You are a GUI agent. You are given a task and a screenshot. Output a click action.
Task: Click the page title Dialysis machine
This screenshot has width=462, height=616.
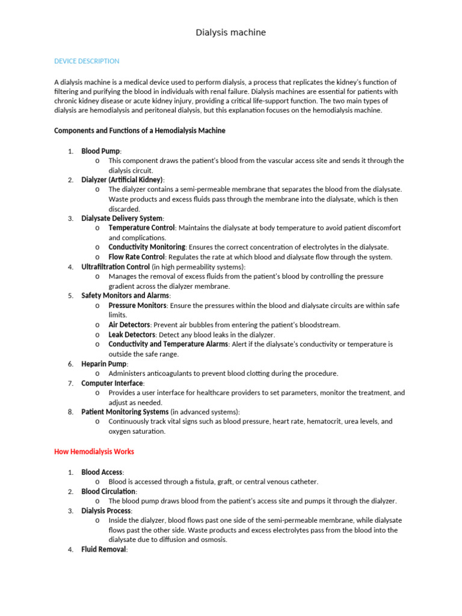pyautogui.click(x=231, y=32)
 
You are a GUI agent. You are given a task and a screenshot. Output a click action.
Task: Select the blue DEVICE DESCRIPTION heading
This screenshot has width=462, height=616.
pyautogui.click(x=87, y=61)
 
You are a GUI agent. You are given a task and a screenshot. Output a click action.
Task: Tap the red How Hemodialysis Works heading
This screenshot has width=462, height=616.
pyautogui.click(x=94, y=451)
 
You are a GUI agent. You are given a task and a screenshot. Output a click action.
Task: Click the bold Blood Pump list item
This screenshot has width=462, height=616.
pyautogui.click(x=100, y=151)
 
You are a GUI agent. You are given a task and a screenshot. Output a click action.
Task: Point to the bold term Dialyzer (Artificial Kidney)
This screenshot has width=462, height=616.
pyautogui.click(x=122, y=180)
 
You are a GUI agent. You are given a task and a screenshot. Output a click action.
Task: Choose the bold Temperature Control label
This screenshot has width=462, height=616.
pyautogui.click(x=141, y=228)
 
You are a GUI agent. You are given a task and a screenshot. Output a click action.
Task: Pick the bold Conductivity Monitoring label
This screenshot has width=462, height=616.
pyautogui.click(x=146, y=247)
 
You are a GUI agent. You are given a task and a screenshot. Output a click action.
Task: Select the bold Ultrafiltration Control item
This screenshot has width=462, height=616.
pyautogui.click(x=115, y=266)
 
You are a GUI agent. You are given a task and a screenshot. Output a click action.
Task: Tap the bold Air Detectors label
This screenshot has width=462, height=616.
pyautogui.click(x=129, y=325)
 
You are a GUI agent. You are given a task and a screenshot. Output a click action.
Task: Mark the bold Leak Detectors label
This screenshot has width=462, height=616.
pyautogui.click(x=132, y=334)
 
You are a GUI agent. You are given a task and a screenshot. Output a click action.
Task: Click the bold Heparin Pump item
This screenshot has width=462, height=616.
pyautogui.click(x=103, y=364)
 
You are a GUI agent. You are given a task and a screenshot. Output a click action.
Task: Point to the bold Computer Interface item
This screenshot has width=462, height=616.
pyautogui.click(x=112, y=383)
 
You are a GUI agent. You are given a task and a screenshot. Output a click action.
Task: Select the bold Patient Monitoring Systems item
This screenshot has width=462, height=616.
pyautogui.click(x=125, y=412)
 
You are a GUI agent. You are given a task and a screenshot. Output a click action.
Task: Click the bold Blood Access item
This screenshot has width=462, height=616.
pyautogui.click(x=102, y=472)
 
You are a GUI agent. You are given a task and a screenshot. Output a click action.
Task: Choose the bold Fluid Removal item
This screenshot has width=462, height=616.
pyautogui.click(x=103, y=549)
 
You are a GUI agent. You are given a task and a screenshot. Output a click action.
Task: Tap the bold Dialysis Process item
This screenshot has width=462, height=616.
pyautogui.click(x=106, y=511)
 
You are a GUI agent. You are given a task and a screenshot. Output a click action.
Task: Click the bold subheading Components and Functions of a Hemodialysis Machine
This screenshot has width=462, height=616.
pyautogui.click(x=140, y=131)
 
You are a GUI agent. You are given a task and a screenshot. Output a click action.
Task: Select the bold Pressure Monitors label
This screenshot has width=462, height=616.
pyautogui.click(x=137, y=306)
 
